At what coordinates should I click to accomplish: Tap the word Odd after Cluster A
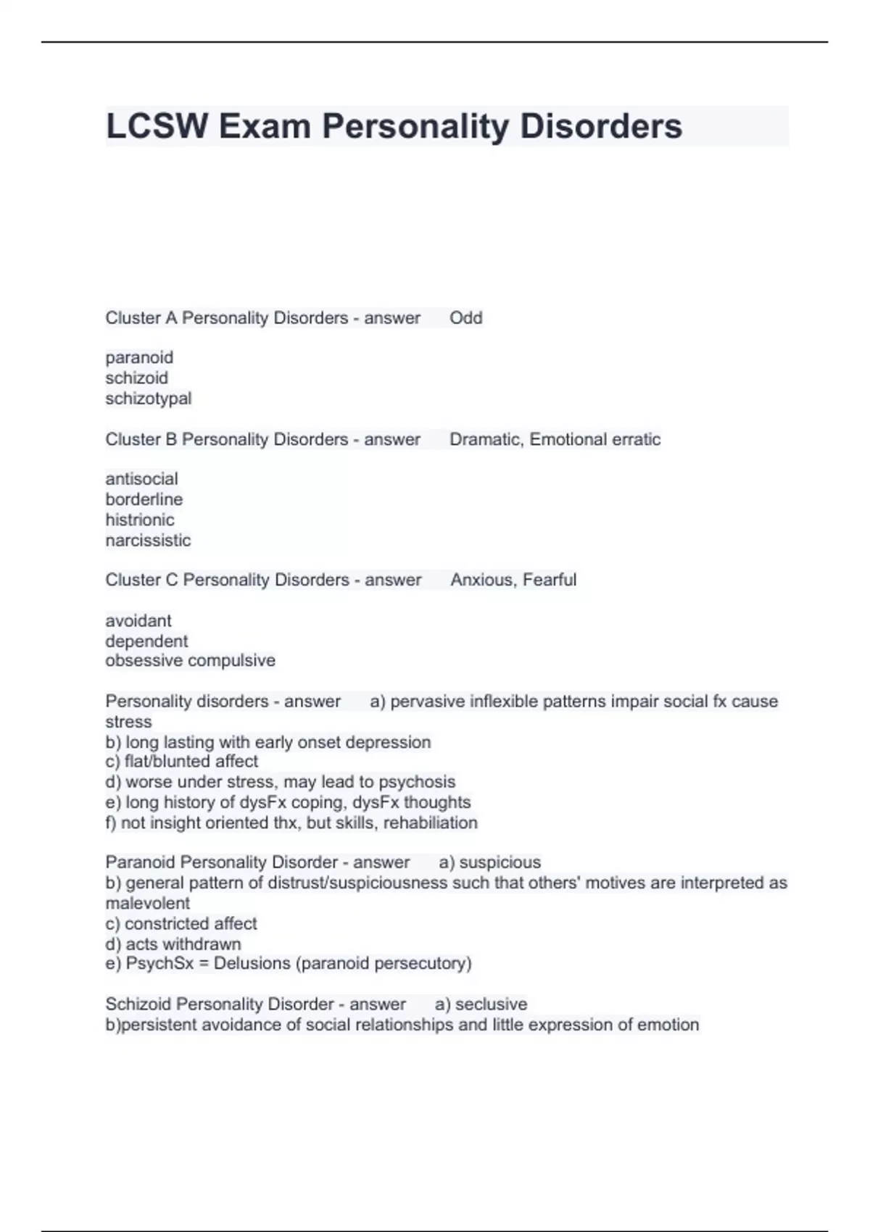465,318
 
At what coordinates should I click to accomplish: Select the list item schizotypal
149,399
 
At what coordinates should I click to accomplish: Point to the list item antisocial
141,479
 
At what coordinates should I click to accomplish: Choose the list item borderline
144,499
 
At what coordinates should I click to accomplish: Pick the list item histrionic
140,520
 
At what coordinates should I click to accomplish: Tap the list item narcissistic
148,541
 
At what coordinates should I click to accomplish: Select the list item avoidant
138,621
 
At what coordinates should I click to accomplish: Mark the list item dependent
146,641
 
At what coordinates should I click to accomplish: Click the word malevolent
147,904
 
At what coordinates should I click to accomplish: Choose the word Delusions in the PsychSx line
254,964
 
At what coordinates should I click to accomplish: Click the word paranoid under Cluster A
139,358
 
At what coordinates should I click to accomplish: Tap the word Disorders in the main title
601,127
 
